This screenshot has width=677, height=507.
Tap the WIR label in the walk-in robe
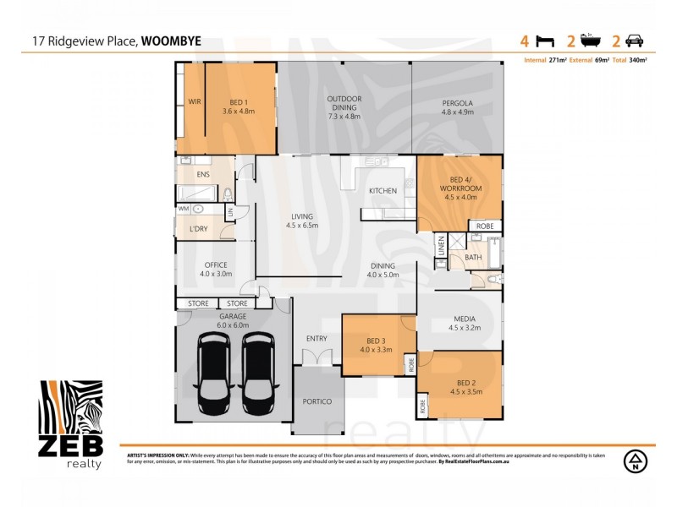pos(194,101)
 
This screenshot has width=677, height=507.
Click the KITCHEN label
pos(383,191)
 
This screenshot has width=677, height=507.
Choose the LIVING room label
pos(302,221)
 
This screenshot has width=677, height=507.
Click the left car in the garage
pos(212,369)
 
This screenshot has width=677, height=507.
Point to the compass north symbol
pos(633,461)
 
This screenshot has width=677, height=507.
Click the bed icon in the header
pos(547,40)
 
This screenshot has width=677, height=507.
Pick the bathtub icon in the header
pos(590,39)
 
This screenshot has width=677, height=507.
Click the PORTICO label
pos(317,402)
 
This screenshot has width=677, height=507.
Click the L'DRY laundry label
pos(199,229)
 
